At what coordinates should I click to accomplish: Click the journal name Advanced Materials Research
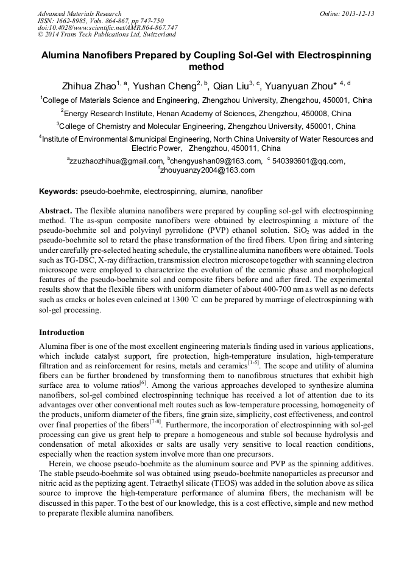79,13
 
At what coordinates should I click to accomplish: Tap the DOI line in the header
107,27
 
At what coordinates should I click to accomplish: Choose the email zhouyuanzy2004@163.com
208,170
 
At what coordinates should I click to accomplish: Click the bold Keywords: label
58,191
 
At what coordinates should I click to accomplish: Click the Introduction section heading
62,333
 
